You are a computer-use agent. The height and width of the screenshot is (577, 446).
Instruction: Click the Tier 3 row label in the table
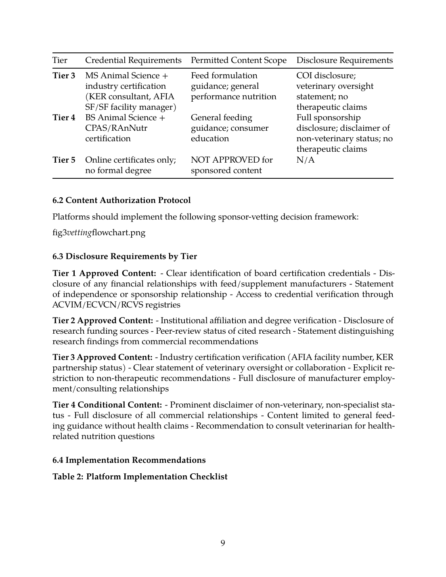pos(64,76)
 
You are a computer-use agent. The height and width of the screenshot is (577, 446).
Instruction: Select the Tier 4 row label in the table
pos(64,118)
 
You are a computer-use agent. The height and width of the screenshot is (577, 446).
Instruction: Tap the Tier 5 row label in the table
pos(64,160)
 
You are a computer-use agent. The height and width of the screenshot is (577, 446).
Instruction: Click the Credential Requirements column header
pos(133,61)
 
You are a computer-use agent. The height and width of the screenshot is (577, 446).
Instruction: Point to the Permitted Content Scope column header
pos(239,61)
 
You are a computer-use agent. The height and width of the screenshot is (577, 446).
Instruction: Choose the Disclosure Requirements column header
pos(344,61)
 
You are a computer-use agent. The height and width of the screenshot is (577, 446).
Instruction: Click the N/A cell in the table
pos(305,160)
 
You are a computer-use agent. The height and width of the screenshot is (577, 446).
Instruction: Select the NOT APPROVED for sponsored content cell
pos(231,165)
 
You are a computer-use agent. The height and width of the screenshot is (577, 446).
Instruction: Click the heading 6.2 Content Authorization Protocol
pos(121,200)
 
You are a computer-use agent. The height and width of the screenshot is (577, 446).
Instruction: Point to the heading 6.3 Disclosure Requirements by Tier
pos(125,256)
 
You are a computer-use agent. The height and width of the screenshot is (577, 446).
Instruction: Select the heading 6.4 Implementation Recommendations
pos(129,460)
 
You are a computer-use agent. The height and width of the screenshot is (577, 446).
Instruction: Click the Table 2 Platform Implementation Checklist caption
pos(140,477)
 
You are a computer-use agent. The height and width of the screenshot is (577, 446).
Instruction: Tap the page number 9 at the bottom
pos(223,543)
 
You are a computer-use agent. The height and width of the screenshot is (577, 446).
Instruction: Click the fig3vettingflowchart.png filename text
pos(99,233)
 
